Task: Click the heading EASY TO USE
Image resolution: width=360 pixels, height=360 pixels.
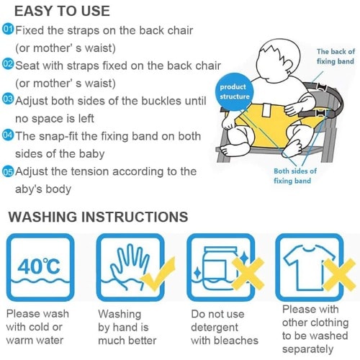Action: pyautogui.click(x=62, y=11)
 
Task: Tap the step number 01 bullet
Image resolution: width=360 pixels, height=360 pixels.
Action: pyautogui.click(x=8, y=30)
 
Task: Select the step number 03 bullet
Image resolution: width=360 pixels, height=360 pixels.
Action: pyautogui.click(x=8, y=99)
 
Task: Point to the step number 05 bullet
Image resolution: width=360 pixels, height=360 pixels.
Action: pyautogui.click(x=8, y=172)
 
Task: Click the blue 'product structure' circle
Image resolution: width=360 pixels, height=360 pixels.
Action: pyautogui.click(x=235, y=91)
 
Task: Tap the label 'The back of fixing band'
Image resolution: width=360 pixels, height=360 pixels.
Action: pyautogui.click(x=336, y=56)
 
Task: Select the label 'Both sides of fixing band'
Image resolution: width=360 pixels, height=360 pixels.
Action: pyautogui.click(x=295, y=176)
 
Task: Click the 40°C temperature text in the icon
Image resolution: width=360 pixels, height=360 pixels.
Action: pyautogui.click(x=38, y=266)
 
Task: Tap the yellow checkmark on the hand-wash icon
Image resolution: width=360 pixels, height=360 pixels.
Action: pyautogui.click(x=158, y=274)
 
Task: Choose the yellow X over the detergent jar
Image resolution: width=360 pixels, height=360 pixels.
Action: pyautogui.click(x=248, y=274)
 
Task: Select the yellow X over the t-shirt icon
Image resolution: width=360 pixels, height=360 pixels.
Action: pyautogui.click(x=338, y=274)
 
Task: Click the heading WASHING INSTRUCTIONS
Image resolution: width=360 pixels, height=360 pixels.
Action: pyautogui.click(x=98, y=217)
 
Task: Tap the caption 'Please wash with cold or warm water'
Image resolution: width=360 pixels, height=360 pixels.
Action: pyautogui.click(x=37, y=327)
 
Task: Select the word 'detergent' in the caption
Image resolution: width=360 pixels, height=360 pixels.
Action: pyautogui.click(x=215, y=328)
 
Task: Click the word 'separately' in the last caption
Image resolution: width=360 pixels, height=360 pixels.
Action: pyautogui.click(x=307, y=349)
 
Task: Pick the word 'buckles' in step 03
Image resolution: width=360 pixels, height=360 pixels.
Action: pyautogui.click(x=161, y=101)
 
